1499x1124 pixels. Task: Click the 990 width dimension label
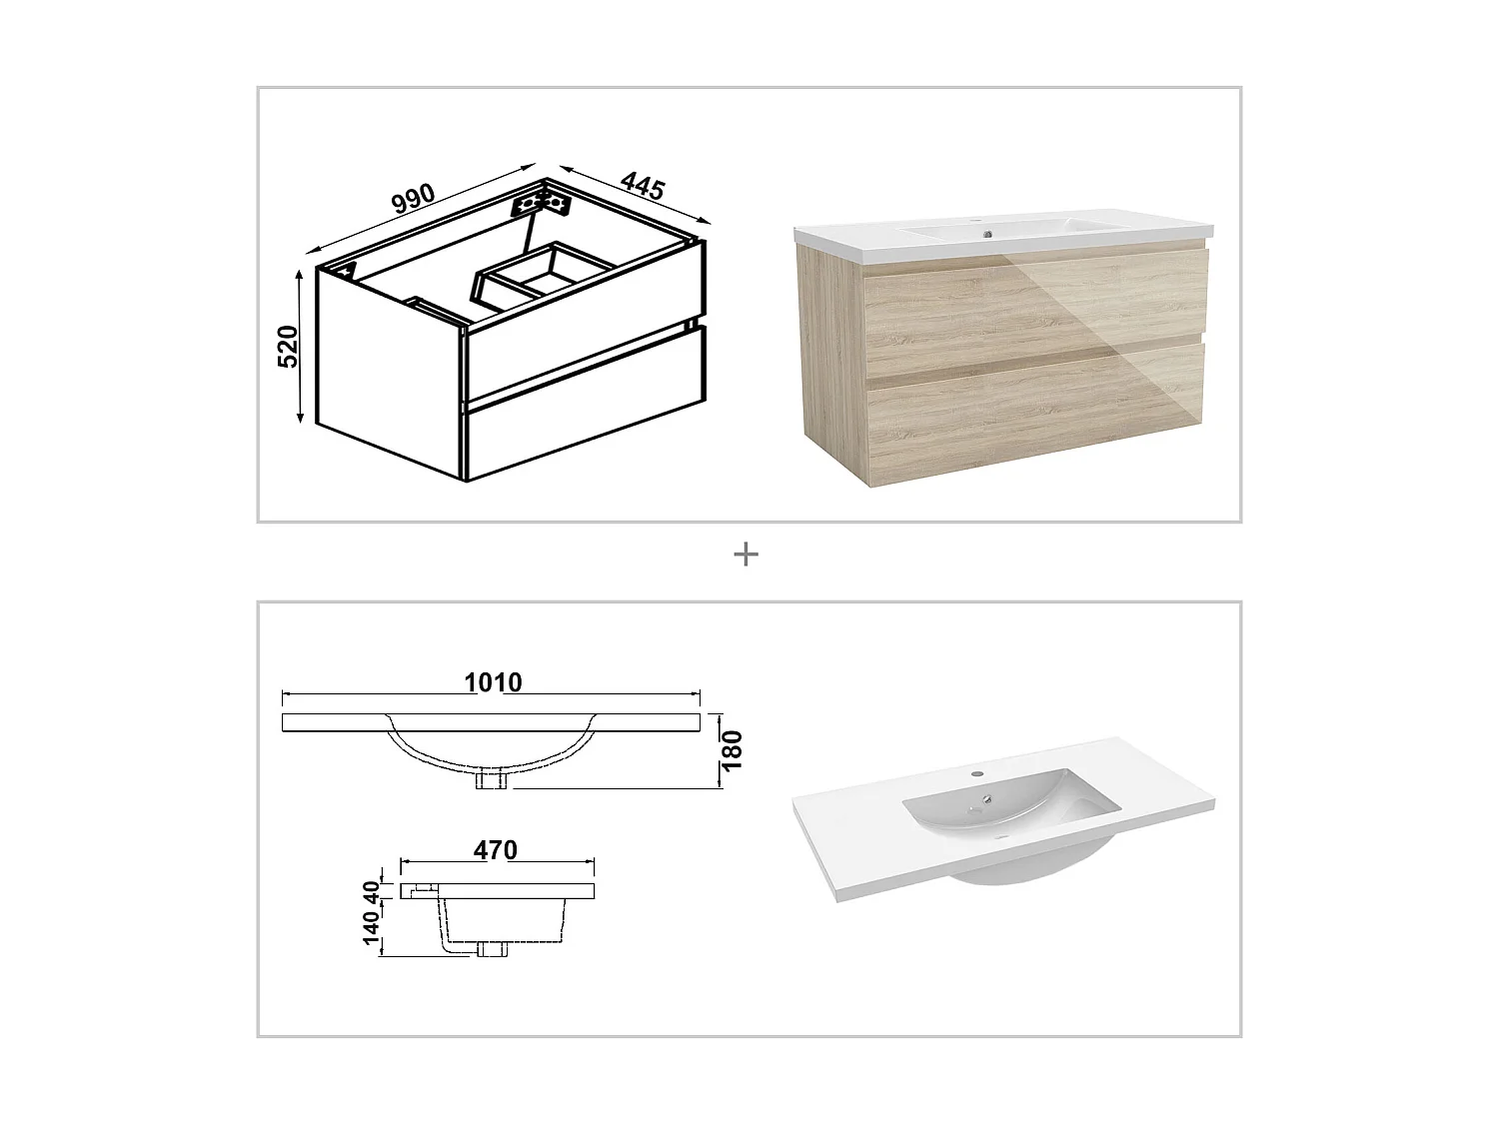pos(413,196)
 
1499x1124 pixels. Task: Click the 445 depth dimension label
pos(643,185)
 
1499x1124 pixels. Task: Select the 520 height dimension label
pos(288,346)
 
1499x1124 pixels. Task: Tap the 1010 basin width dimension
pos(493,682)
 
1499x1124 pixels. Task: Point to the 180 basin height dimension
pos(733,749)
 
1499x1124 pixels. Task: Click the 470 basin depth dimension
pos(496,850)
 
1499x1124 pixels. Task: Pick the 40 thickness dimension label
pos(371,890)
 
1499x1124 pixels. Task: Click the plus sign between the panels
pos(746,555)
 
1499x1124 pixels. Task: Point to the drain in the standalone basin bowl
pos(987,798)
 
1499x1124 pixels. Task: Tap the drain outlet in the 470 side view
pos(491,949)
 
